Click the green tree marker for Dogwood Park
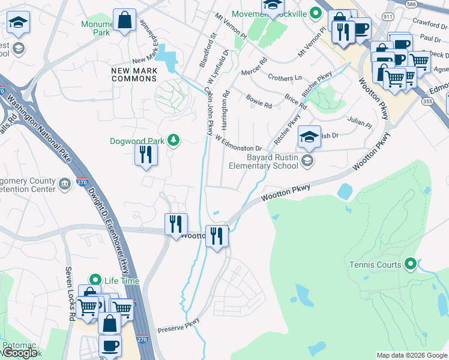tap(173, 140)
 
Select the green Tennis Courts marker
tap(411, 263)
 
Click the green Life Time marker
tap(95, 280)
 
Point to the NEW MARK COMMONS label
tap(134, 75)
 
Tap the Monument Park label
tap(96, 29)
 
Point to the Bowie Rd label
tap(259, 100)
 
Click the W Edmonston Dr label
tap(239, 143)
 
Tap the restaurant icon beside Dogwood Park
tap(145, 155)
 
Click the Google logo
tap(20, 353)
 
